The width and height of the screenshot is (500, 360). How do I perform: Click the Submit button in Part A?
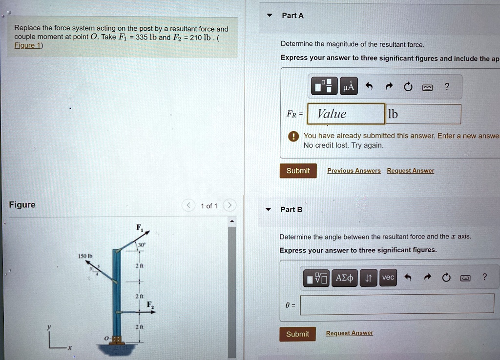pos(298,171)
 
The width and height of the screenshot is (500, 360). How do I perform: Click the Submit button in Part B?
pos(297,334)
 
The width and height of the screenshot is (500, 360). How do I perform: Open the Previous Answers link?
pos(354,171)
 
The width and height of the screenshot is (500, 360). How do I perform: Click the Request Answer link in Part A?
pos(410,171)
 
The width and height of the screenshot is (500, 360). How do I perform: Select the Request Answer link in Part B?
pos(349,333)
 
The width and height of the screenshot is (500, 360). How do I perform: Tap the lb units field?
pos(423,114)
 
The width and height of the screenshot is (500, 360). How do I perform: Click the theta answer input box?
pos(396,303)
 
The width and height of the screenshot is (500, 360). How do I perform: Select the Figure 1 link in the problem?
pos(28,46)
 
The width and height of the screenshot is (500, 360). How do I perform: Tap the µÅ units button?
pos(349,87)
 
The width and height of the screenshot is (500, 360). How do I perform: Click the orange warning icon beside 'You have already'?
pos(293,136)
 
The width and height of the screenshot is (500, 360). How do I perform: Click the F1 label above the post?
pos(139,227)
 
